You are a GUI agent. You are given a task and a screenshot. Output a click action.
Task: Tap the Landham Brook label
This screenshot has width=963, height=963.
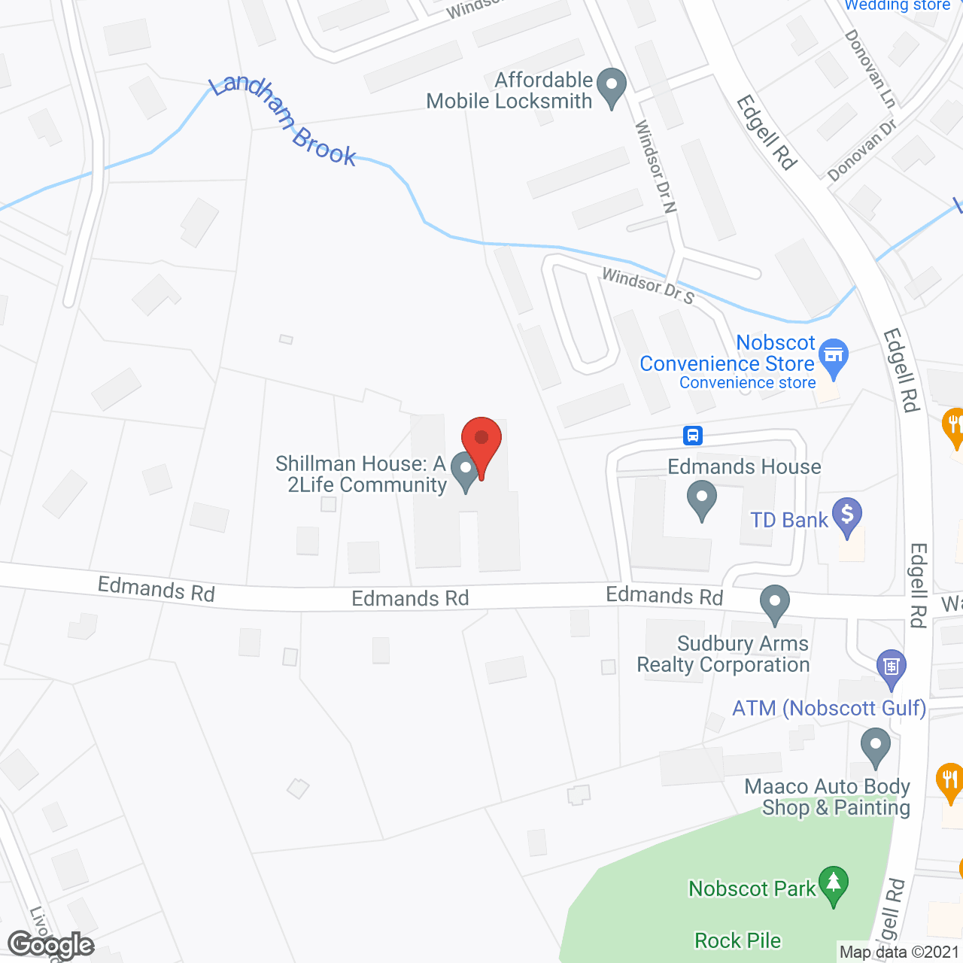(x=283, y=121)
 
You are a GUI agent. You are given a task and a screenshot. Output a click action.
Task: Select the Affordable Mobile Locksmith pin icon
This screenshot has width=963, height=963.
(x=611, y=87)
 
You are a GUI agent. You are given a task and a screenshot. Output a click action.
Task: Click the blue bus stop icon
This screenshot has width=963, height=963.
(x=693, y=435)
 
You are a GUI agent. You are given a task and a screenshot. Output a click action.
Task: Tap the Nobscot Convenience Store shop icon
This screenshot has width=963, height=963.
(x=834, y=356)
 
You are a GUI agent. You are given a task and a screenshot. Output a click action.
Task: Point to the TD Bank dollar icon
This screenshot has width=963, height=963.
(x=848, y=516)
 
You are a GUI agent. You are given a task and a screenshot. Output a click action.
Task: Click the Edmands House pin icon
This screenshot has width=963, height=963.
(x=702, y=500)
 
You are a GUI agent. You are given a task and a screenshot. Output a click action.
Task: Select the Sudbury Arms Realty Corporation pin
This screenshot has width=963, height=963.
(x=774, y=603)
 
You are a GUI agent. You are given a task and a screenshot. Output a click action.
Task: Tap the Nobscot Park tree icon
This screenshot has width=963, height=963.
(x=834, y=885)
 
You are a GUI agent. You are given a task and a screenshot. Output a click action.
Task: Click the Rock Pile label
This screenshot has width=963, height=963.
(x=737, y=940)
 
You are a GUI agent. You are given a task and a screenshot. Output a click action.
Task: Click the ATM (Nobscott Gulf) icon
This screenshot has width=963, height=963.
(x=892, y=667)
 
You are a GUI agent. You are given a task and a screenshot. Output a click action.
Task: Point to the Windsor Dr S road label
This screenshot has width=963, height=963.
(x=648, y=286)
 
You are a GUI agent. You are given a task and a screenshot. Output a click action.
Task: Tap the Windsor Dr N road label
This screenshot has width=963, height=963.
(x=655, y=166)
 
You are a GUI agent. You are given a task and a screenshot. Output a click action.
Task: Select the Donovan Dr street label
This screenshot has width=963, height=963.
(x=862, y=150)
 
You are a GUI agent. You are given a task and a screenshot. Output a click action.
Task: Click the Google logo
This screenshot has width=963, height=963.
(x=51, y=944)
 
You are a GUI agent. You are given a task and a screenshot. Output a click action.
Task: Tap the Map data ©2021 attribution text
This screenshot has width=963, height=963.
(x=899, y=952)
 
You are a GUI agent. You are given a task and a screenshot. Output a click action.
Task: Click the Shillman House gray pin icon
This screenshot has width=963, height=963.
(x=466, y=472)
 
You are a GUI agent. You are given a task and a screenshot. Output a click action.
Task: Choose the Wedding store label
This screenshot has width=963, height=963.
(x=897, y=5)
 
